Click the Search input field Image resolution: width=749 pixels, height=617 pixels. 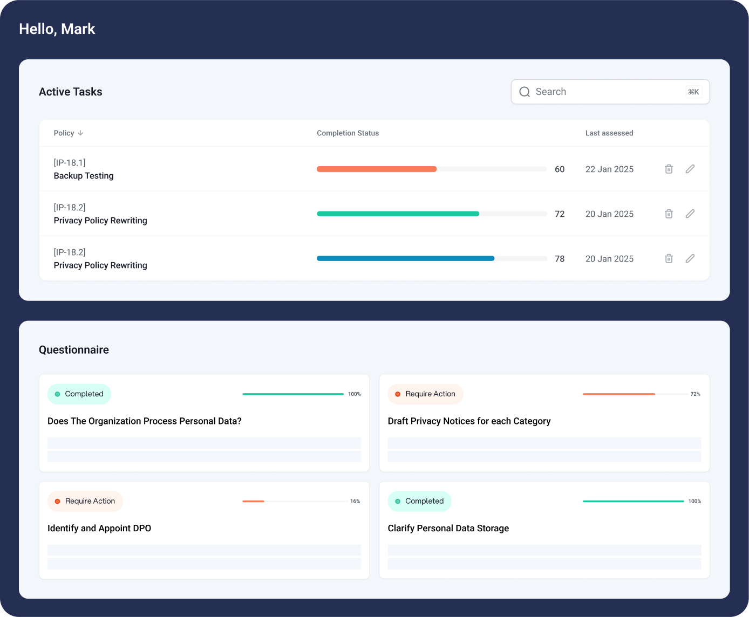(599, 92)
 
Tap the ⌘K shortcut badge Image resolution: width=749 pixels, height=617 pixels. (693, 92)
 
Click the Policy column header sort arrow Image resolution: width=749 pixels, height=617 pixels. (80, 133)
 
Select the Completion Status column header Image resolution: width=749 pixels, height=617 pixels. (348, 133)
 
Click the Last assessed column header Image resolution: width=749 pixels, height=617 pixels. (609, 133)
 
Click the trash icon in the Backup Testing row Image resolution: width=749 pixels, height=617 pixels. (669, 169)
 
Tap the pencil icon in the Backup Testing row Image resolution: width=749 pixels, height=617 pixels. (690, 169)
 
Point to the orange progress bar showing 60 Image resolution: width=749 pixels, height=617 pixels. (377, 169)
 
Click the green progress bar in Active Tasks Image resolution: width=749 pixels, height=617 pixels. (398, 214)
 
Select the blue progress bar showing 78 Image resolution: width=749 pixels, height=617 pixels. (405, 259)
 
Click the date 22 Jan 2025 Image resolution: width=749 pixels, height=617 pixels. (609, 169)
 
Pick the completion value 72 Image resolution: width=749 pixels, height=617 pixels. (560, 214)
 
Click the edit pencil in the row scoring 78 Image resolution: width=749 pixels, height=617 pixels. (690, 259)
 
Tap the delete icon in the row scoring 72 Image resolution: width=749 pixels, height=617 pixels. (669, 214)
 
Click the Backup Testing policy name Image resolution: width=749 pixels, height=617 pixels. (84, 176)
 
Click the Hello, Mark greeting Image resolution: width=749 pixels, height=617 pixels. (57, 29)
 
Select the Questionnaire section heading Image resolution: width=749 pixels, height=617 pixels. (74, 350)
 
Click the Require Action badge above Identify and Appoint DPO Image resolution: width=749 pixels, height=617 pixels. (85, 501)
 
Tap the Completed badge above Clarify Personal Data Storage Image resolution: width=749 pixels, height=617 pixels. (419, 501)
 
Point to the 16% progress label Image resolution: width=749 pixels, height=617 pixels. (355, 502)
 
